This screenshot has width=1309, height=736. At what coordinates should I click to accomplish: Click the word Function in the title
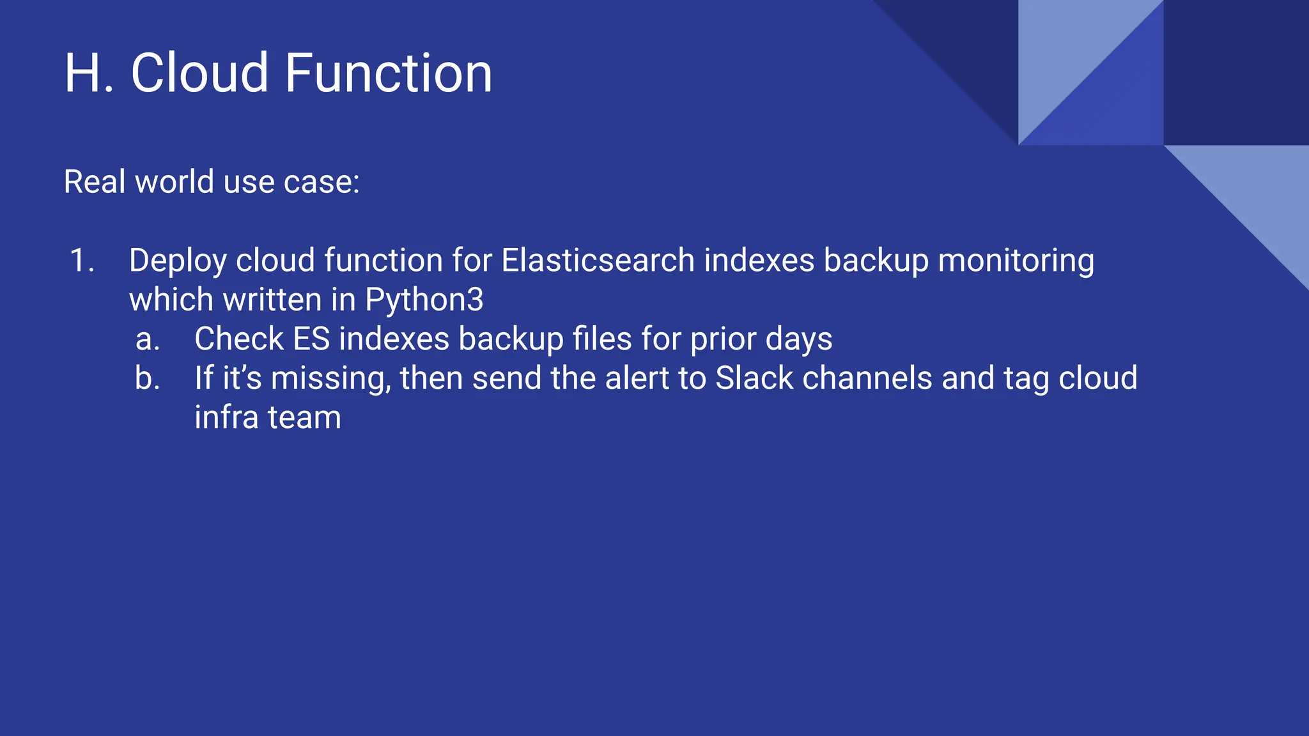(x=388, y=73)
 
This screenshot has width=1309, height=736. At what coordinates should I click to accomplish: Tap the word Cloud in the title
(x=199, y=73)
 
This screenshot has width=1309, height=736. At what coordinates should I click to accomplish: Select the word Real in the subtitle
(x=94, y=182)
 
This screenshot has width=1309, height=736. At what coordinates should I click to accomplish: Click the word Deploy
(x=178, y=261)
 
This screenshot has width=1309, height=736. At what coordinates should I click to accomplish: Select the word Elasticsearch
(x=598, y=261)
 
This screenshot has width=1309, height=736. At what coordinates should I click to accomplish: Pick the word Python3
(x=424, y=300)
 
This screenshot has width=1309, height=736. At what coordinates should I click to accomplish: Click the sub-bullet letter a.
(x=146, y=340)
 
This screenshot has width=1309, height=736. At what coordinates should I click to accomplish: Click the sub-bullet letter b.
(x=146, y=379)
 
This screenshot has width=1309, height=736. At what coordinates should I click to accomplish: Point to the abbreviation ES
(x=311, y=340)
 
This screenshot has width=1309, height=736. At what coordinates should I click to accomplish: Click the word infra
(x=226, y=418)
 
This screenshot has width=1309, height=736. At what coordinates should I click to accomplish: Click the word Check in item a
(x=239, y=340)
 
